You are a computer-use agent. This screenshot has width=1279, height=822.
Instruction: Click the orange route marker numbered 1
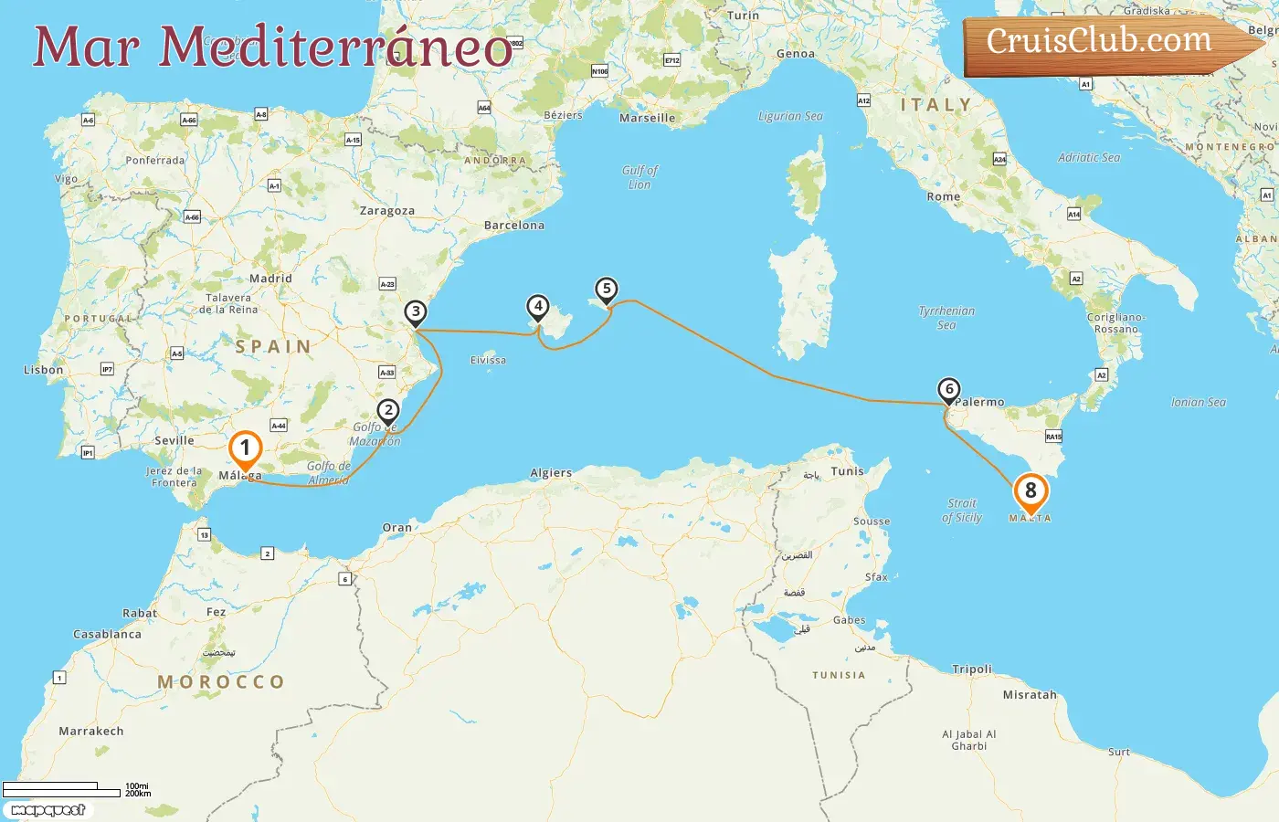(245, 448)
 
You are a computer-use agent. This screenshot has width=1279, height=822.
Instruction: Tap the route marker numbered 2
(388, 411)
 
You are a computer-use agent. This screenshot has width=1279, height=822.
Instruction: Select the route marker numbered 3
(416, 312)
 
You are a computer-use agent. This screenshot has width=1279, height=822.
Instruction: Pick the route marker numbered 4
(538, 307)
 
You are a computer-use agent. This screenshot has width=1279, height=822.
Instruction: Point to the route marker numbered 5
(606, 290)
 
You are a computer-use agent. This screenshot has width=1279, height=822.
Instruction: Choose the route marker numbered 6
(949, 390)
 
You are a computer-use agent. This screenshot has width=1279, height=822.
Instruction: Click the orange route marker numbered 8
(1031, 491)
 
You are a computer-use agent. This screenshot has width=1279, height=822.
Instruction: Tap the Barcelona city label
(513, 226)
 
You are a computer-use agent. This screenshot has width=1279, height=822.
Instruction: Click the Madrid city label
(270, 279)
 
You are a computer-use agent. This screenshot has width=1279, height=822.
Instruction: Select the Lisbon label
(44, 370)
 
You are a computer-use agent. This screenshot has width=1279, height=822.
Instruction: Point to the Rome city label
(944, 196)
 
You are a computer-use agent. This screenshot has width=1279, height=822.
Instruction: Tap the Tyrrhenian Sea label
(946, 318)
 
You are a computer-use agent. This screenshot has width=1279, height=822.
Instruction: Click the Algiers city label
(551, 473)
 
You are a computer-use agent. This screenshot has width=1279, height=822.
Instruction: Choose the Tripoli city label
(972, 669)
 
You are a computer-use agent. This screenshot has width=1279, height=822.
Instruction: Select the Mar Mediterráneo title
(272, 46)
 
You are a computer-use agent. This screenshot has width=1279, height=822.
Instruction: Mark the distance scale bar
(62, 789)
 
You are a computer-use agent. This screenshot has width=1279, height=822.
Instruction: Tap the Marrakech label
(91, 732)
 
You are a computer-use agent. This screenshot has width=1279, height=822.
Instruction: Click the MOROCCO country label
(221, 682)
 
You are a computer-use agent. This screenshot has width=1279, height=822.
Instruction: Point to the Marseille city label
(647, 118)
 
